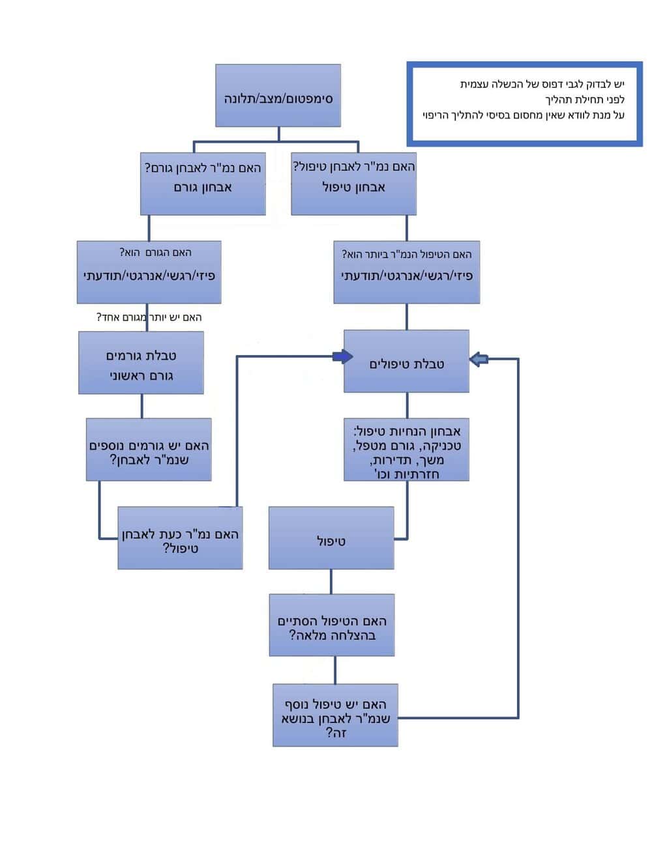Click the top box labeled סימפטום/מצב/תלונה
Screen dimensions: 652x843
coord(278,95)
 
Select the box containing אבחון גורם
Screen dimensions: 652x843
coord(203,184)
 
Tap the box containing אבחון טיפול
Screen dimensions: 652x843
coord(353,184)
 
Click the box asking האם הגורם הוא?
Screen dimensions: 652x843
coord(149,272)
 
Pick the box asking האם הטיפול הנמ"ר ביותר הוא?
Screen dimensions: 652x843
coord(407,272)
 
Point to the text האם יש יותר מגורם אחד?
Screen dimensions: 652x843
coord(149,317)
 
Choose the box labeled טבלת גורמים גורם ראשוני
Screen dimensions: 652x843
coord(141,362)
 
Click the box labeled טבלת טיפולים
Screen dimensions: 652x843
coord(406,361)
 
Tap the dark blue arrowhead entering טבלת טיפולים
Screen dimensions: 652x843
coord(342,356)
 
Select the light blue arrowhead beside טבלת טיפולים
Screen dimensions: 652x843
coord(479,359)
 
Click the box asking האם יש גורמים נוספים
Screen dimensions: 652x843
coord(149,450)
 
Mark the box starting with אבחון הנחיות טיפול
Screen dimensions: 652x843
coord(406,450)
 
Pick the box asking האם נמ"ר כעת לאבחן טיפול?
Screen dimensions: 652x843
coord(180,537)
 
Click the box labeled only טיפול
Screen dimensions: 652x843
coord(331,537)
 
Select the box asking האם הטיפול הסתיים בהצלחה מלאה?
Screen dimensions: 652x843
coord(332,625)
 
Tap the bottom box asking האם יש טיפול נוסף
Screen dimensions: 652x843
coord(335,715)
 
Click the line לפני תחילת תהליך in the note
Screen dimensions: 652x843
coord(585,100)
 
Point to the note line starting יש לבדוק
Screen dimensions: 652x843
coord(542,84)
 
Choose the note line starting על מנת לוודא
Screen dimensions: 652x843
coord(524,115)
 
